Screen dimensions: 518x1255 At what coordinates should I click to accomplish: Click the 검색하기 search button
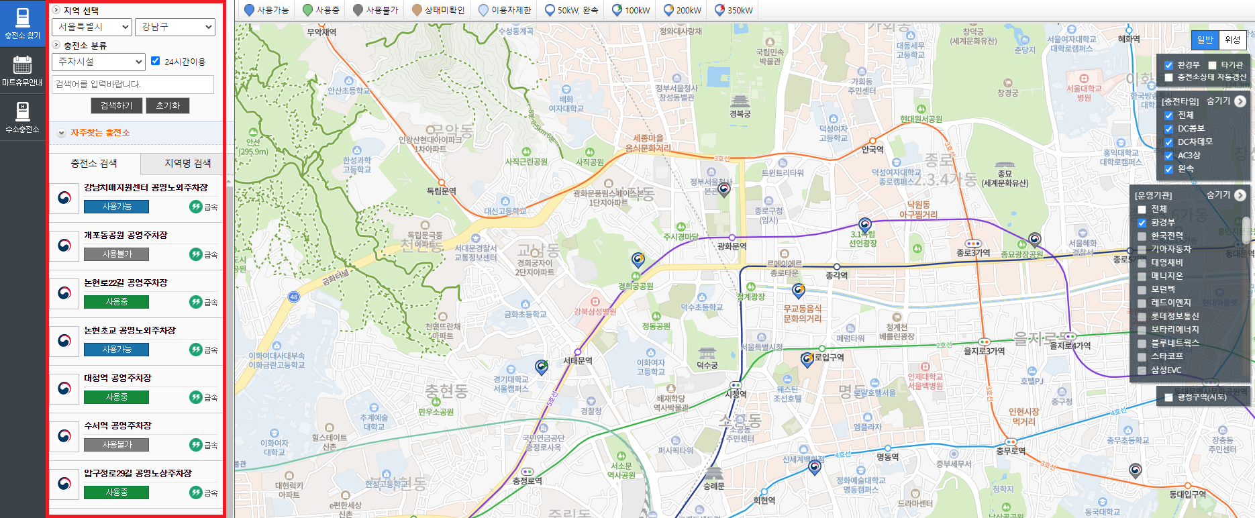click(x=117, y=106)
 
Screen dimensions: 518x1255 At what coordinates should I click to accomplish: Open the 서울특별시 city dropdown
click(x=91, y=27)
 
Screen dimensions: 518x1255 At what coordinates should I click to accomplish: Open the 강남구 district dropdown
click(x=174, y=27)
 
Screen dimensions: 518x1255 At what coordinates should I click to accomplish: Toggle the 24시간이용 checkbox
click(x=156, y=61)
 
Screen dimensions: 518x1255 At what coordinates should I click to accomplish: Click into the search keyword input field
click(x=133, y=84)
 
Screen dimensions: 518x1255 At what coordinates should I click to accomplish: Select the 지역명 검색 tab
click(x=187, y=163)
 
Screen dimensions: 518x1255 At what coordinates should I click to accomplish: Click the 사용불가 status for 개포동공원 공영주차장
click(x=117, y=254)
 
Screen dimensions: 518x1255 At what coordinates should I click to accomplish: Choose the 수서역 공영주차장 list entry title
click(x=117, y=425)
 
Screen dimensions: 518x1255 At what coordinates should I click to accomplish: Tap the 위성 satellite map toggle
click(x=1232, y=40)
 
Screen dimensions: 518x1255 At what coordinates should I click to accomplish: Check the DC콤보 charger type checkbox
click(x=1168, y=129)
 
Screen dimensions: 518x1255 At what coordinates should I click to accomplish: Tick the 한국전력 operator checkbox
click(x=1142, y=236)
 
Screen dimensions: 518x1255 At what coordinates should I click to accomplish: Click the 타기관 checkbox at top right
click(x=1212, y=65)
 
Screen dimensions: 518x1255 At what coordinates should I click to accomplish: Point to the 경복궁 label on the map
click(x=740, y=113)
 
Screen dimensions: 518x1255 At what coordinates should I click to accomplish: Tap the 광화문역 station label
click(x=732, y=246)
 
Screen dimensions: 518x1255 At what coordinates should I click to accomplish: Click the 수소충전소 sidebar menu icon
click(x=23, y=117)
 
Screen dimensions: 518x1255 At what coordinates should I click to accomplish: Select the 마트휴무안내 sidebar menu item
click(x=23, y=71)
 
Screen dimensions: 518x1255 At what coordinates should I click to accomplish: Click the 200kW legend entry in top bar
click(x=682, y=10)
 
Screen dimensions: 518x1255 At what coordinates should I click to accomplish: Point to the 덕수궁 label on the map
click(x=707, y=365)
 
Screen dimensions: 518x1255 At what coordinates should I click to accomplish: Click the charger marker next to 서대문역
click(x=541, y=366)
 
